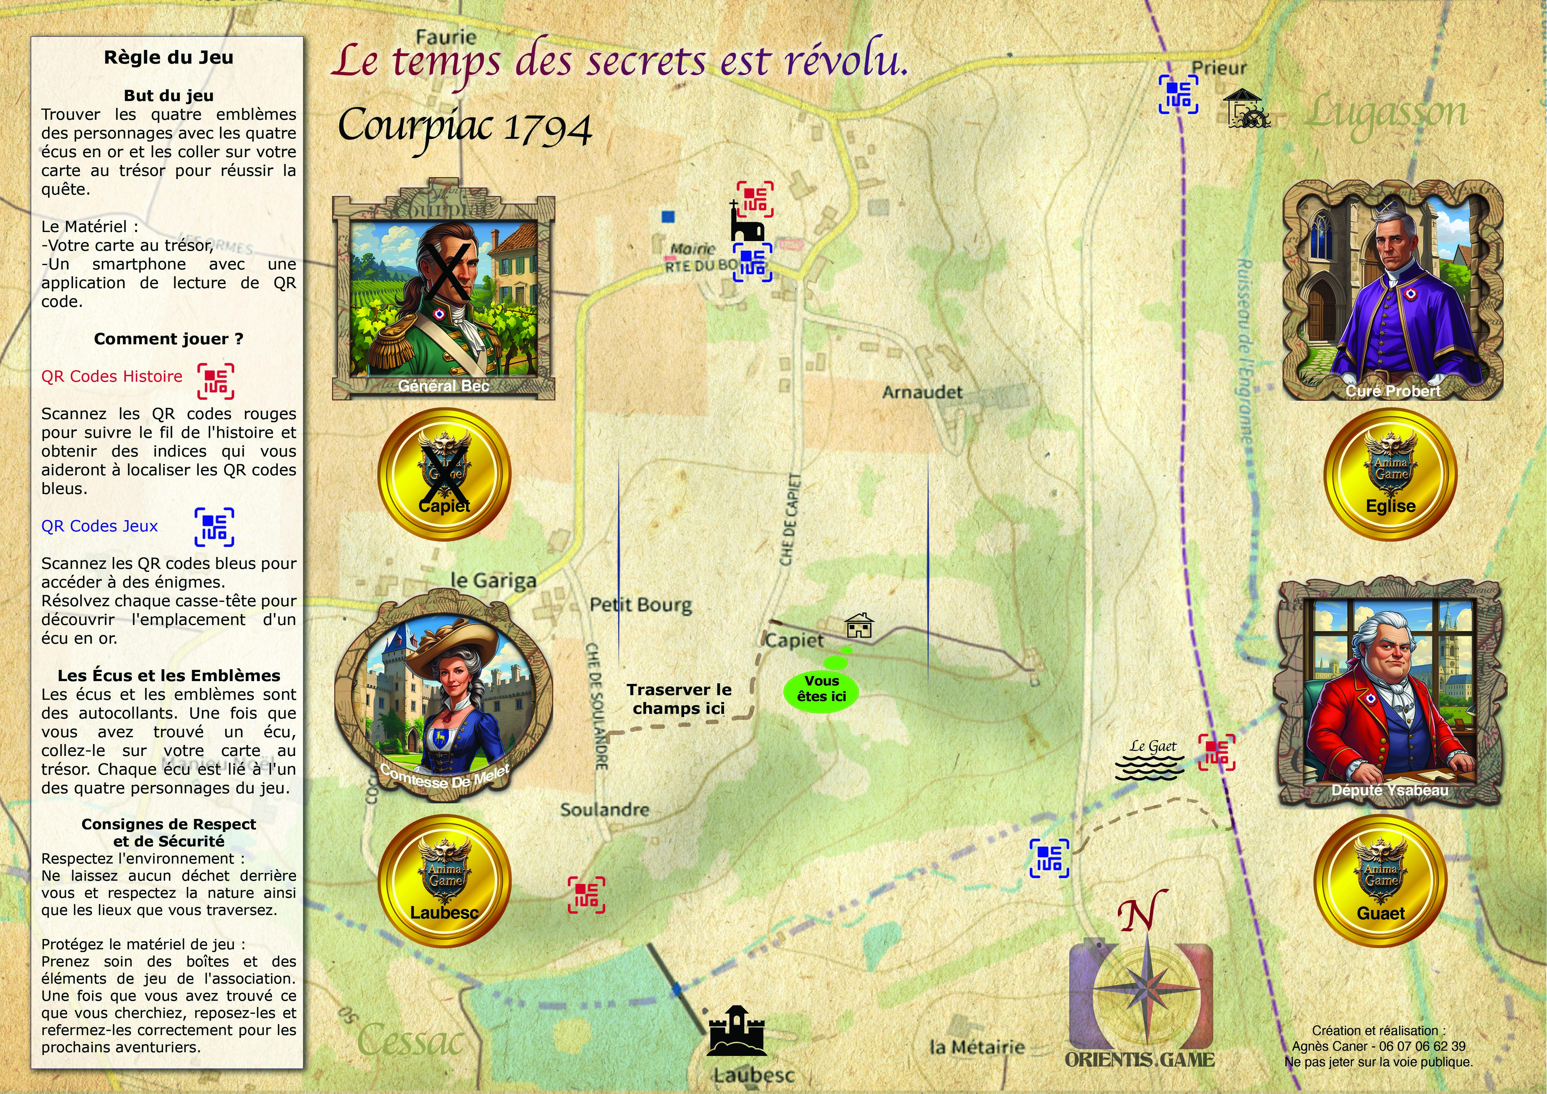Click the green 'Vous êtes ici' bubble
click(x=821, y=689)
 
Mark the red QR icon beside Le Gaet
click(x=1216, y=752)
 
